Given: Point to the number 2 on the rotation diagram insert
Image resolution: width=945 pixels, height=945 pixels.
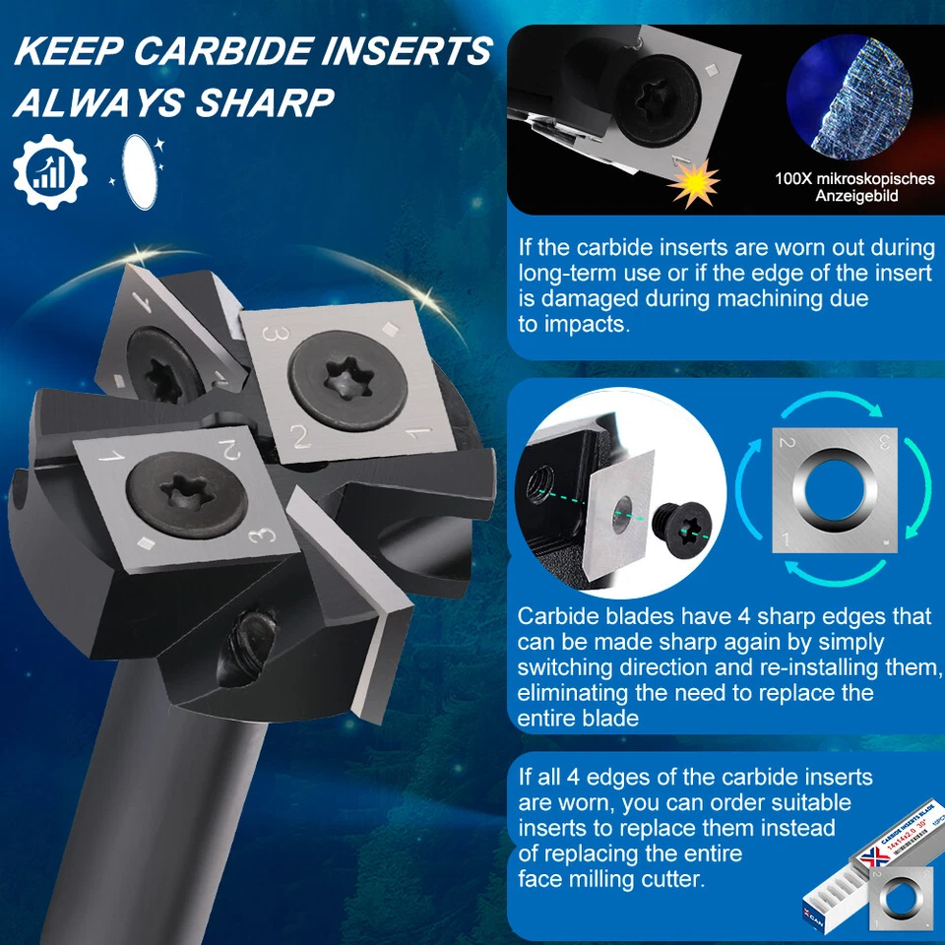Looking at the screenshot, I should tap(786, 442).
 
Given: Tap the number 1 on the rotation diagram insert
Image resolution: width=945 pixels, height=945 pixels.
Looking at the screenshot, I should tap(785, 537).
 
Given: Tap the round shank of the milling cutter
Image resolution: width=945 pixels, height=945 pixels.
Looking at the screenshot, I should tap(177, 807).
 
